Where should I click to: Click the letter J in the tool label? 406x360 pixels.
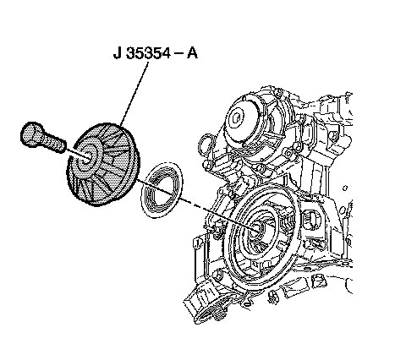pyautogui.click(x=118, y=52)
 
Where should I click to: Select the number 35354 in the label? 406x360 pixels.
pyautogui.click(x=148, y=52)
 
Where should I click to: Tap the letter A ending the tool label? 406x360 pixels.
pyautogui.click(x=192, y=52)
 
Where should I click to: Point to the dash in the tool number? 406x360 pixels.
pyautogui.click(x=178, y=53)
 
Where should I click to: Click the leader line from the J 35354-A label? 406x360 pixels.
pyautogui.click(x=134, y=94)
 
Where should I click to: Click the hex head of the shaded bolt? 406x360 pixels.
pyautogui.click(x=32, y=134)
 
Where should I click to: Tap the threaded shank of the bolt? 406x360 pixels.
pyautogui.click(x=54, y=143)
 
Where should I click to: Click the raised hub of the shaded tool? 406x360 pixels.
pyautogui.click(x=87, y=159)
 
